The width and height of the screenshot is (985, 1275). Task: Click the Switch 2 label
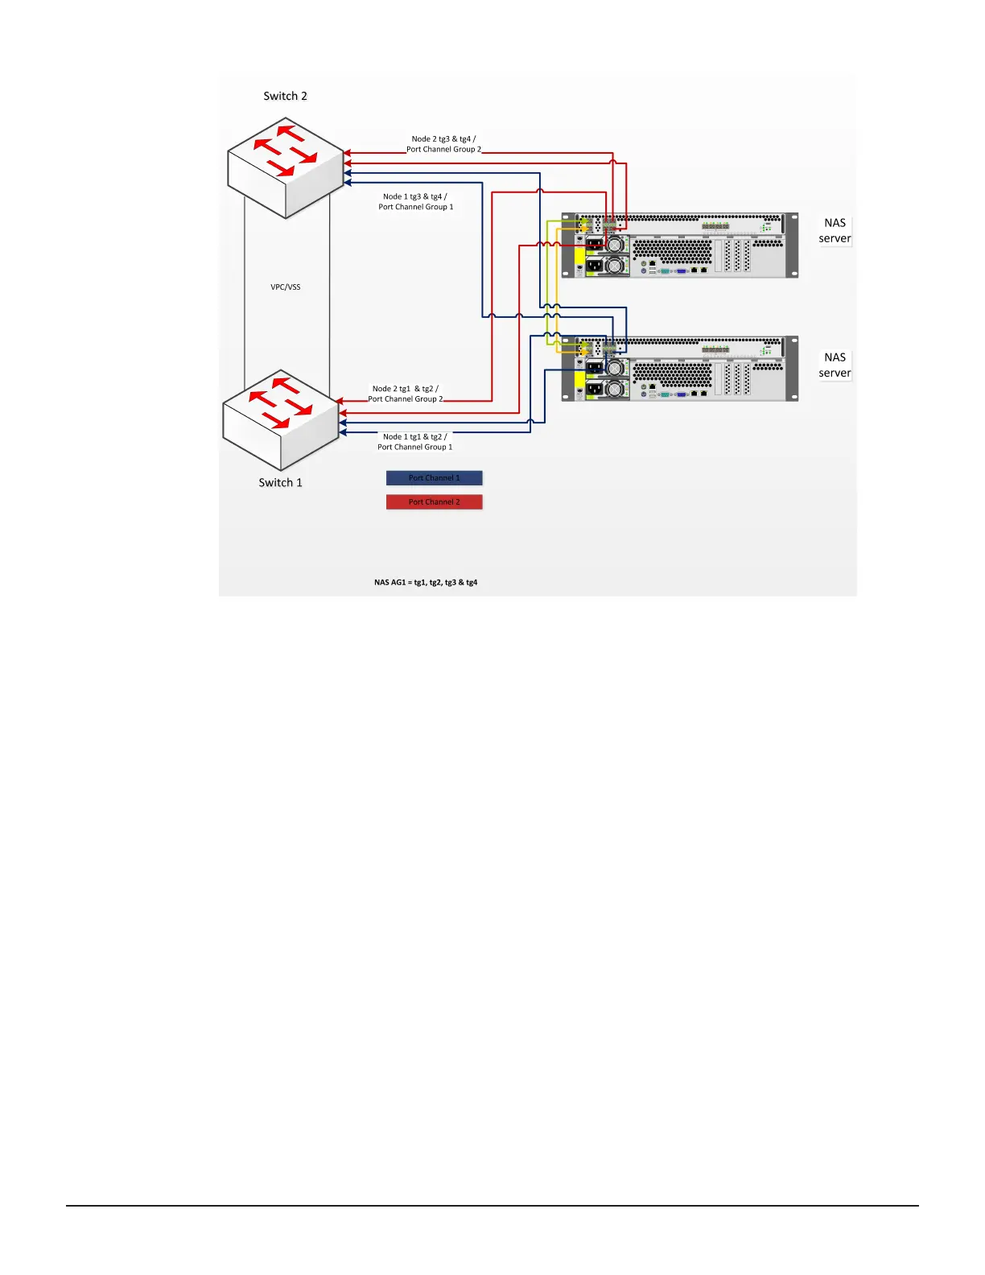pyautogui.click(x=285, y=96)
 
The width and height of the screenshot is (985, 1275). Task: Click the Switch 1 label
pyautogui.click(x=280, y=482)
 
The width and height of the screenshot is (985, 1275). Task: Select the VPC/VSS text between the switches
pyautogui.click(x=286, y=287)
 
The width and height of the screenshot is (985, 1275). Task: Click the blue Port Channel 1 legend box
pyautogui.click(x=434, y=478)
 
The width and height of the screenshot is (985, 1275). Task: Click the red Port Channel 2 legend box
pyautogui.click(x=434, y=502)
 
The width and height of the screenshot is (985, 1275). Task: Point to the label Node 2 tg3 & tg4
pyautogui.click(x=443, y=139)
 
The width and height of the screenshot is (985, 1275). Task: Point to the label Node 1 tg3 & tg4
pyautogui.click(x=415, y=196)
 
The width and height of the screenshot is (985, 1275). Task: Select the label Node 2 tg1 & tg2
pyautogui.click(x=405, y=389)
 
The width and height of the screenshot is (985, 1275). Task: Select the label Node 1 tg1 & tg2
pyautogui.click(x=415, y=437)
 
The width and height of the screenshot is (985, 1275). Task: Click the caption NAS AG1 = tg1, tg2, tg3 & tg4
pyautogui.click(x=426, y=582)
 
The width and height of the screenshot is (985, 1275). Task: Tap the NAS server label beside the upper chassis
pyautogui.click(x=835, y=230)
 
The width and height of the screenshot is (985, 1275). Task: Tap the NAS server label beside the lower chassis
pyautogui.click(x=835, y=365)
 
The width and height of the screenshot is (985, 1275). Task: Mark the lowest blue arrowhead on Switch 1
pyautogui.click(x=343, y=433)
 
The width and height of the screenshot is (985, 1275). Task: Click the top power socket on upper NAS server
pyautogui.click(x=594, y=244)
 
